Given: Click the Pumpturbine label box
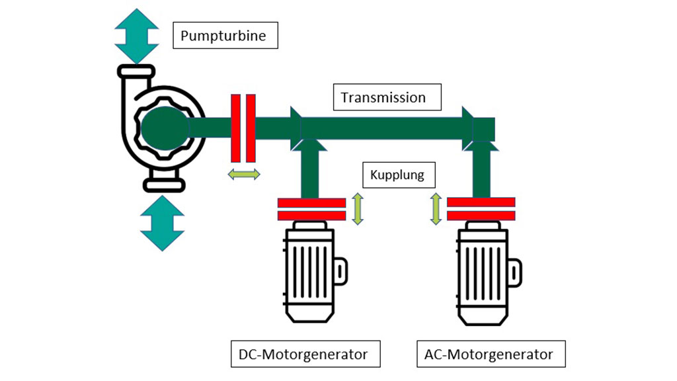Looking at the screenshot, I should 225,35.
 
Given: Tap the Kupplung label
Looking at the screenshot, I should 399,176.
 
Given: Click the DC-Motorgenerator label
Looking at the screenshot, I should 307,354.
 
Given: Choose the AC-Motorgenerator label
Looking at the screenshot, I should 491,354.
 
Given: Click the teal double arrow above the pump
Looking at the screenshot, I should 137,36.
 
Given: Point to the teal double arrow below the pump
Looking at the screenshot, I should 161,222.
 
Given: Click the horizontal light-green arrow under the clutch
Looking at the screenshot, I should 243,174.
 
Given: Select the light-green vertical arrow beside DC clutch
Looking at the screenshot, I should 357,208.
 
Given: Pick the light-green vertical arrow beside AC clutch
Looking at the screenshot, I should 436,208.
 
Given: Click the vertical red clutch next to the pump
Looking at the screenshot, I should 243,128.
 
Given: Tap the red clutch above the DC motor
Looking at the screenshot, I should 311,209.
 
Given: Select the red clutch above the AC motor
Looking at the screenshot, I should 481,209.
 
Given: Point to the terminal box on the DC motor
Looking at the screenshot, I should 340,269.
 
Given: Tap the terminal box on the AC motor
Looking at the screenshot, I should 514,269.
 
